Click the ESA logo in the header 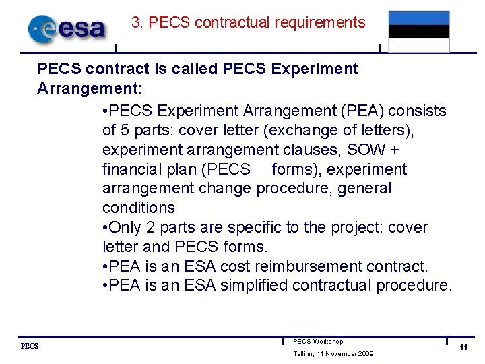(x=67, y=28)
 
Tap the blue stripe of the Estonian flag (x=418, y=18)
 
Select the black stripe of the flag (x=418, y=32)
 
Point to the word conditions (x=138, y=208)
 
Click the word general (x=364, y=188)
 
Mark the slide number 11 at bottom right (x=463, y=347)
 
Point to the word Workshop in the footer (x=328, y=342)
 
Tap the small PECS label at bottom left (x=30, y=346)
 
